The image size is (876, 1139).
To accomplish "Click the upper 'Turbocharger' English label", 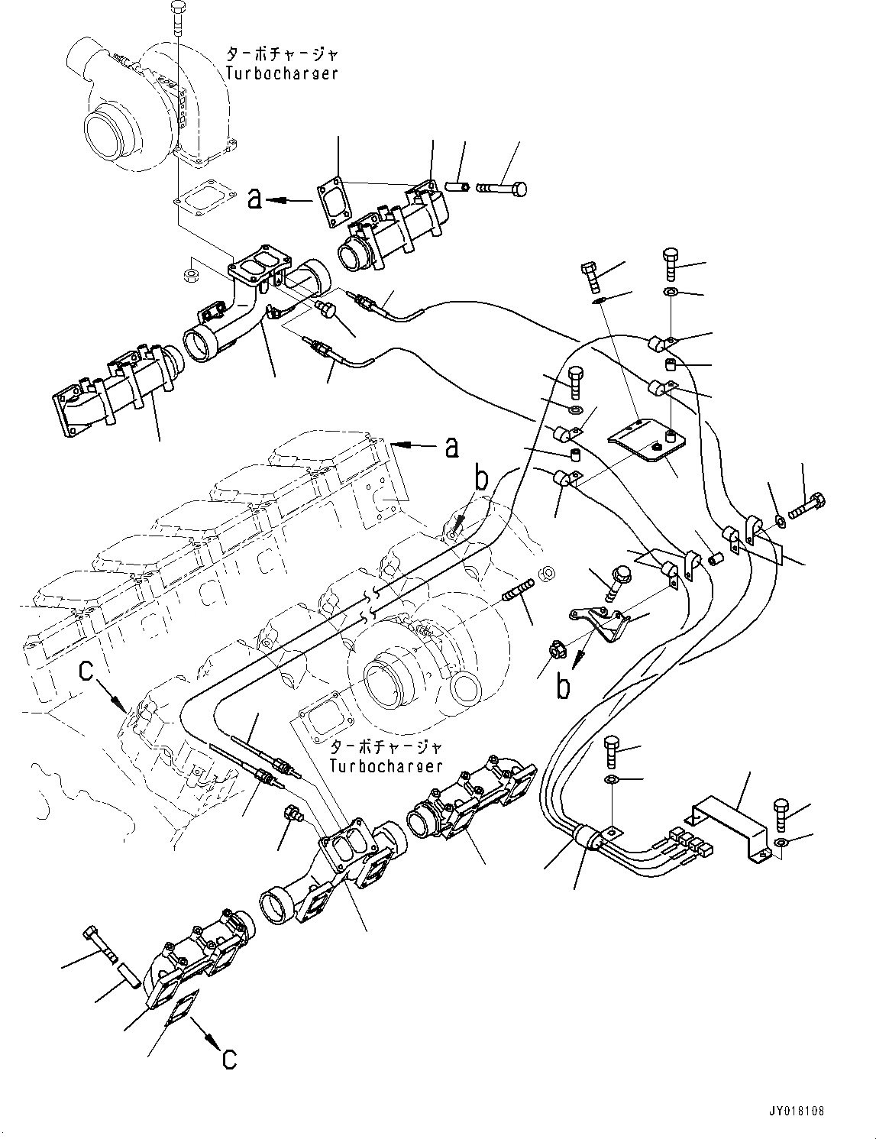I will (282, 73).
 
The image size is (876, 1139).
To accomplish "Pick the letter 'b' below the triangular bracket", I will (563, 686).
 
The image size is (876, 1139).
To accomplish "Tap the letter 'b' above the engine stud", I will (481, 480).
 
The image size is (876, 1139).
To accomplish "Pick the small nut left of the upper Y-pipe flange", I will (192, 272).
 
